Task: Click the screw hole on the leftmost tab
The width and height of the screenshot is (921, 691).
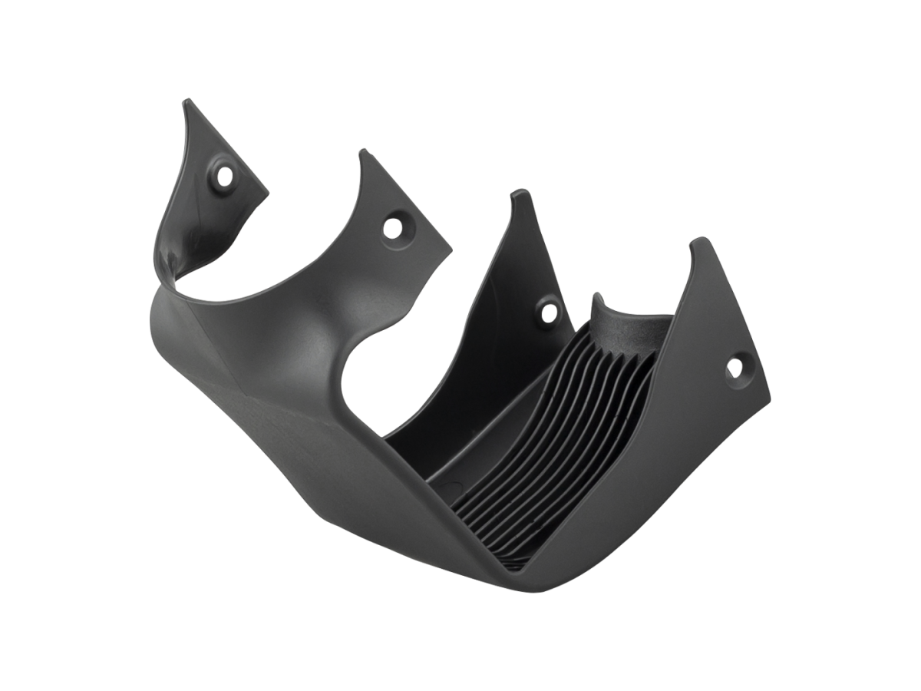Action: coord(224,175)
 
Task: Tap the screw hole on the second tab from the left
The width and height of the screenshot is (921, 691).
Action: coord(394,227)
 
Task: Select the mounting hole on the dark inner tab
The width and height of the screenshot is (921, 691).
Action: coord(548,312)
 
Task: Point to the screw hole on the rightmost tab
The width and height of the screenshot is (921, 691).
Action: coord(734,368)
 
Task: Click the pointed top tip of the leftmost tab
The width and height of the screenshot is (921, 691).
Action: coord(185,101)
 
